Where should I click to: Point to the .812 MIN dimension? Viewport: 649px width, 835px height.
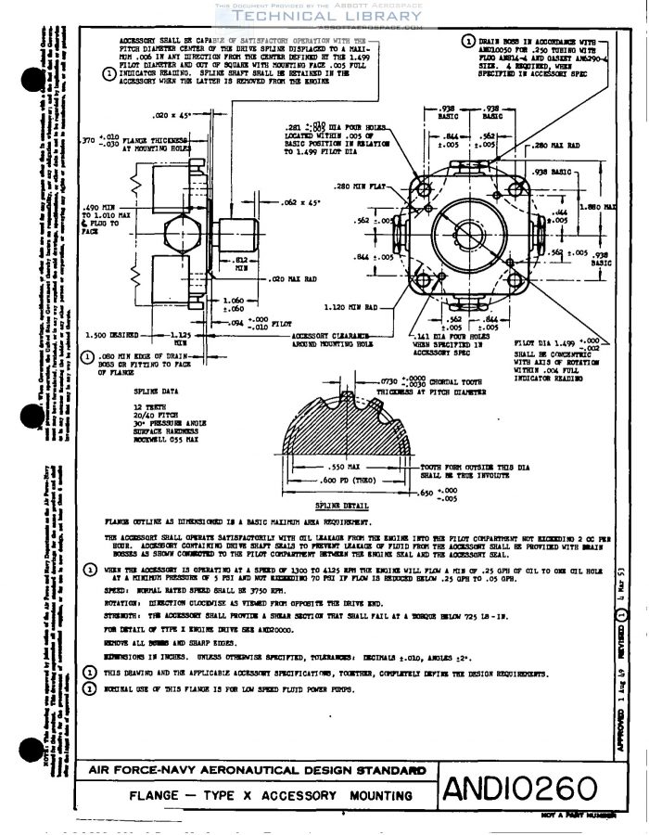pos(240,263)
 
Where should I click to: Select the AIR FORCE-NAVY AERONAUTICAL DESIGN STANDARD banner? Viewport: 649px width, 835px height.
pos(257,770)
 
